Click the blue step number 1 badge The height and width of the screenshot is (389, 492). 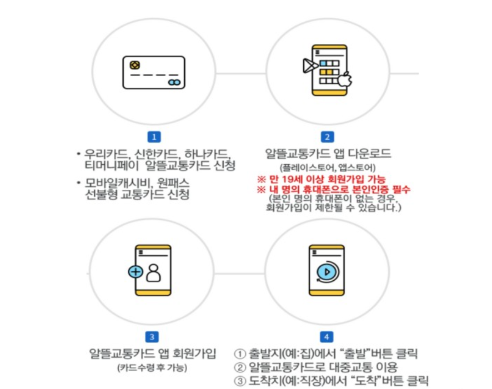tap(156, 136)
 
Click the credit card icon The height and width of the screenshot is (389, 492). tap(154, 72)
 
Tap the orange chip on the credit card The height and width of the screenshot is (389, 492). tap(134, 65)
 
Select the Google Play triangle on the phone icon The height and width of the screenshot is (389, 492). tap(307, 67)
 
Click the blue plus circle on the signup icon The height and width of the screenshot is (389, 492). tap(134, 272)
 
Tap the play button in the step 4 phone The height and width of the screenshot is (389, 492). tap(327, 272)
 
